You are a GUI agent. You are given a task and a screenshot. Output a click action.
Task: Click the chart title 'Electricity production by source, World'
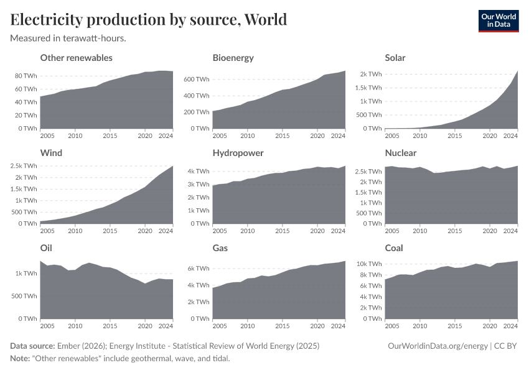[149, 19]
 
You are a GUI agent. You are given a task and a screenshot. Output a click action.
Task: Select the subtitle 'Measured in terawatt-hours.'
[68, 39]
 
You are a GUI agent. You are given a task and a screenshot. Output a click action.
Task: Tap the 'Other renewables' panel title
[76, 58]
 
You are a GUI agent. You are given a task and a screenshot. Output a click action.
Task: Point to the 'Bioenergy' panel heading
[233, 58]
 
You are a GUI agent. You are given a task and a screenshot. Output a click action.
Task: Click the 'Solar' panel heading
[395, 58]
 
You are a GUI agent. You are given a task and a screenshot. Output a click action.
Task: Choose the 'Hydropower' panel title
[238, 153]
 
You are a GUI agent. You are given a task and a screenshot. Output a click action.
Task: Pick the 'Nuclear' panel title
[401, 153]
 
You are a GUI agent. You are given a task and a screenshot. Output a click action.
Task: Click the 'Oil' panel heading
[46, 248]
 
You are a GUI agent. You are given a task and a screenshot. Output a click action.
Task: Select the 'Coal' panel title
[394, 248]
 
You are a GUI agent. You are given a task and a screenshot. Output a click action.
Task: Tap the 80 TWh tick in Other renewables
[26, 75]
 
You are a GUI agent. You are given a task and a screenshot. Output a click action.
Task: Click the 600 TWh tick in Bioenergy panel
[195, 80]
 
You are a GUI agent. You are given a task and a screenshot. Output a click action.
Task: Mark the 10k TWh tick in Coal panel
[368, 264]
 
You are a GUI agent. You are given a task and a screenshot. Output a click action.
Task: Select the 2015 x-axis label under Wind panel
[110, 231]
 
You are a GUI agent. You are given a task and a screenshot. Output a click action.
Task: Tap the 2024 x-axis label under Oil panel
[166, 326]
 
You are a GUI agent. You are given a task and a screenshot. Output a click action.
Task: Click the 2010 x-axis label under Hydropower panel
[248, 231]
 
